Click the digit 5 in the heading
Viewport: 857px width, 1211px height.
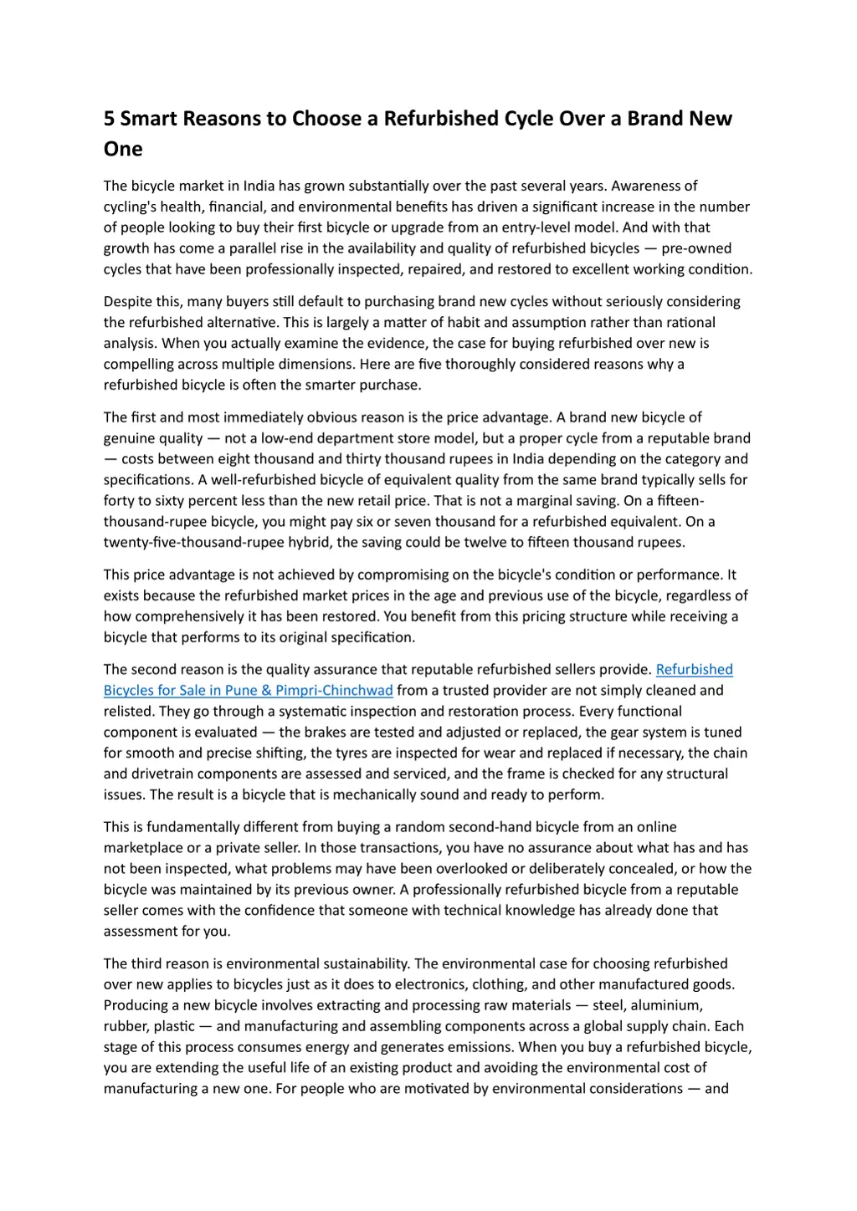[110, 119]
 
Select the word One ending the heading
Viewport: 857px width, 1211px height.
[123, 150]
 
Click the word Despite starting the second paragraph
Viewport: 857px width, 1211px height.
[127, 301]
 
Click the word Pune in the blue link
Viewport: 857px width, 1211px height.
[241, 690]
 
